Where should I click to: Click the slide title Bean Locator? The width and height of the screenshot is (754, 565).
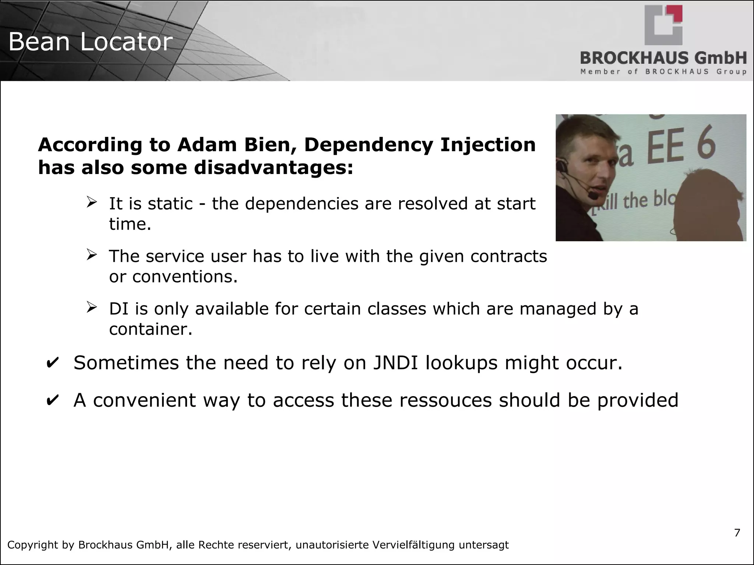click(x=90, y=42)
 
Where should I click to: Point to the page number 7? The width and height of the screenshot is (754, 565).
click(x=737, y=533)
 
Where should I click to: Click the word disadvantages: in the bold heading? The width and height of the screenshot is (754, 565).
click(x=273, y=168)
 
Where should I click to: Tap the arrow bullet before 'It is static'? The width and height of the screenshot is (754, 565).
click(x=92, y=202)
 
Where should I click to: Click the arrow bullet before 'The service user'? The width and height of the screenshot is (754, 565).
click(x=92, y=255)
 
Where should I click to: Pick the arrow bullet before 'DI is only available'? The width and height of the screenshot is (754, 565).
click(x=92, y=307)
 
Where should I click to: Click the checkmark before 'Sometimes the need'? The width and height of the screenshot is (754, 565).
click(x=52, y=363)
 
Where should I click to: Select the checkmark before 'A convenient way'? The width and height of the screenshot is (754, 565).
click(x=52, y=401)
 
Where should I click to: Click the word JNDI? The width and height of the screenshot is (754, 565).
click(x=395, y=363)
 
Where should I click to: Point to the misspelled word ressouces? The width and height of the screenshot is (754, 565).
click(x=445, y=400)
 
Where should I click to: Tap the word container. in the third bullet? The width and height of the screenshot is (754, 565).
click(x=151, y=329)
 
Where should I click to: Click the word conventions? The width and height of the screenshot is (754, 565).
click(x=185, y=277)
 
